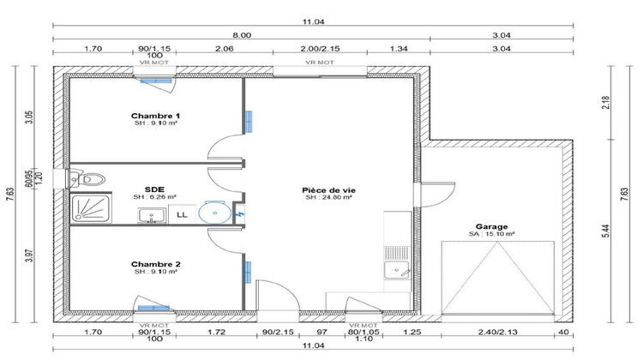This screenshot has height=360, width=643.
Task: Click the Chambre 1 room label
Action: point(155,116)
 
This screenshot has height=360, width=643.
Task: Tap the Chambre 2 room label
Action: point(155,264)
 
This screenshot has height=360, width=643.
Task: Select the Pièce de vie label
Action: point(324,189)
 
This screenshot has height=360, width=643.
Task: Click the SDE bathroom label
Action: point(155,189)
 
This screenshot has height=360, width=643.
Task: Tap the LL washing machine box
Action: point(182,214)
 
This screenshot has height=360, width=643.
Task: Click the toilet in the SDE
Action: point(91,178)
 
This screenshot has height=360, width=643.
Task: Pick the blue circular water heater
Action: point(211,212)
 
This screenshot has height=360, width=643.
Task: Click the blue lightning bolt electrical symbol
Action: point(241,213)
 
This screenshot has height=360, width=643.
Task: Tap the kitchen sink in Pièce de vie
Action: point(395,270)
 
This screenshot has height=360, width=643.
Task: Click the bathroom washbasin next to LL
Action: point(153,214)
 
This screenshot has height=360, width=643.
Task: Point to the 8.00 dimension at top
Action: point(242,34)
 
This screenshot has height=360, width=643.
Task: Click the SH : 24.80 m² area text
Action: point(324,197)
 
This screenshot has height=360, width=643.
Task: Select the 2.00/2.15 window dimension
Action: point(319,50)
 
